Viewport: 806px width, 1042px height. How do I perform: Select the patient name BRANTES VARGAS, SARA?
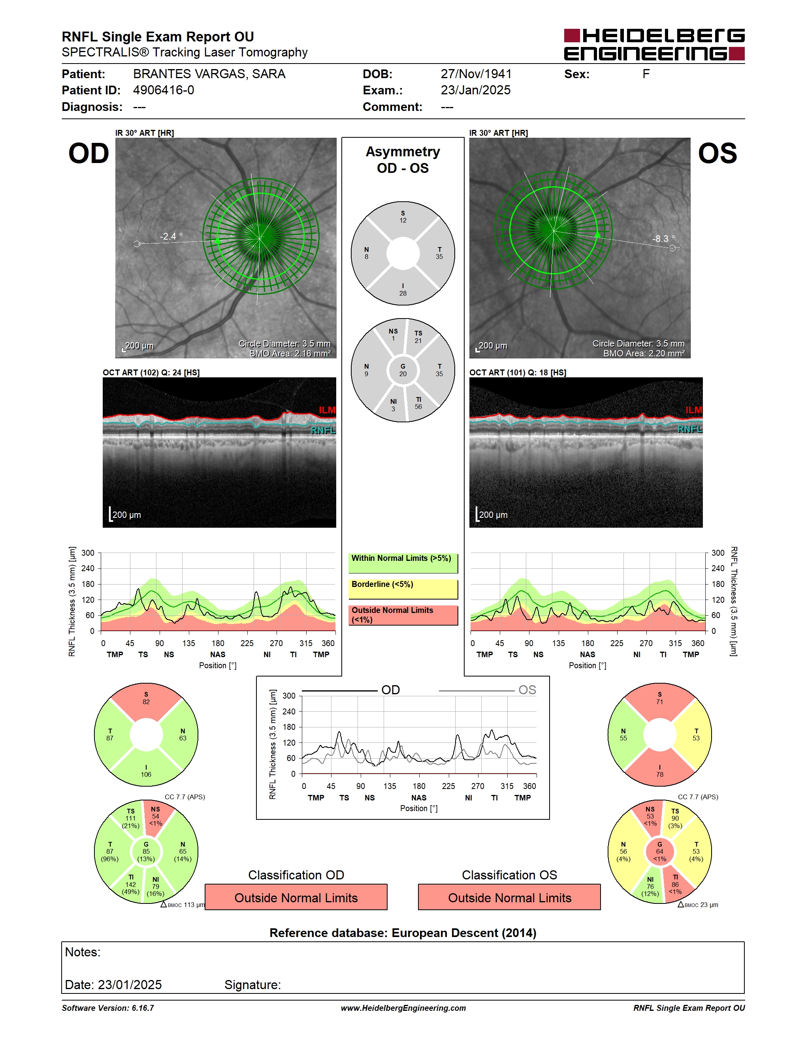(x=209, y=74)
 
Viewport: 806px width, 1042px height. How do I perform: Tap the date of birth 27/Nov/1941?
(x=476, y=74)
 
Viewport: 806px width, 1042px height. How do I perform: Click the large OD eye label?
(x=89, y=154)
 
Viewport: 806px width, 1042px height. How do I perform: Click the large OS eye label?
(x=717, y=154)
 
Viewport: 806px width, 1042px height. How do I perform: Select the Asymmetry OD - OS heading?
(x=403, y=160)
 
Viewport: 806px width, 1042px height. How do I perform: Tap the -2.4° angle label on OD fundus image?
(x=171, y=236)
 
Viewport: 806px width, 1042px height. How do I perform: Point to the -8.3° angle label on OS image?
(x=664, y=238)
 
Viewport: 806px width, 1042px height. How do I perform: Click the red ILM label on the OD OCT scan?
(x=327, y=410)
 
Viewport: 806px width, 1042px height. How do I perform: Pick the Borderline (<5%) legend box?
(x=403, y=589)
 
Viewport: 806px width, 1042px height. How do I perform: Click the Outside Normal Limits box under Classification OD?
(x=296, y=898)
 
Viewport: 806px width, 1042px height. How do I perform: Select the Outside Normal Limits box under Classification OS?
(x=510, y=898)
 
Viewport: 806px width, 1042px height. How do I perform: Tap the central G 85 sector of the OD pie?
(x=146, y=852)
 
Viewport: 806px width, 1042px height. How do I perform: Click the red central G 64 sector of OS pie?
(x=659, y=852)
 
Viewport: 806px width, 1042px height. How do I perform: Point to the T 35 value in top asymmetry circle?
(x=439, y=253)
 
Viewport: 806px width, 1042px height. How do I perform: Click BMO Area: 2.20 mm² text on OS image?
(x=644, y=354)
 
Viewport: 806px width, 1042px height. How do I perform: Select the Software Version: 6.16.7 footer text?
(x=108, y=1008)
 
